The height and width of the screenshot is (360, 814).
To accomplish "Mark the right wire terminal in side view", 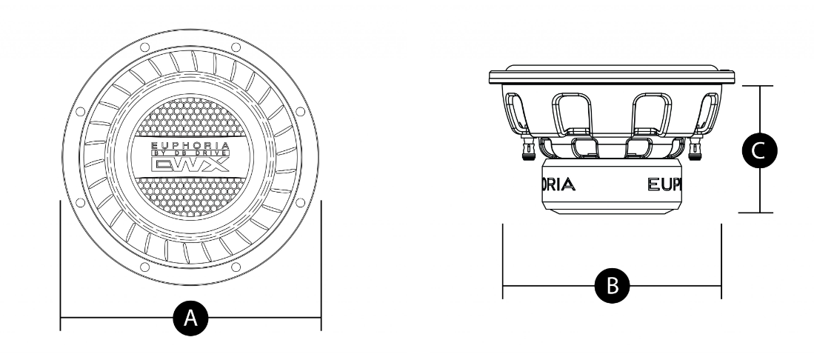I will (x=694, y=150).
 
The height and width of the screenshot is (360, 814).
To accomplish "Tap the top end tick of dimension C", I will (x=757, y=85).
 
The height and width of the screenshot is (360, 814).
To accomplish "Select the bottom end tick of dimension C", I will (x=757, y=213).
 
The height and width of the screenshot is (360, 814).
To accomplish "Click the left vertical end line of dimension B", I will (x=503, y=259).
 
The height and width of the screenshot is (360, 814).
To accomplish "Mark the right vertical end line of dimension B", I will (x=721, y=259).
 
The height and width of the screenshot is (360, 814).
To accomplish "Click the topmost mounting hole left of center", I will (x=144, y=47).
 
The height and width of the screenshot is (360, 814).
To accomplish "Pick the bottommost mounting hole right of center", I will (x=236, y=266).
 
